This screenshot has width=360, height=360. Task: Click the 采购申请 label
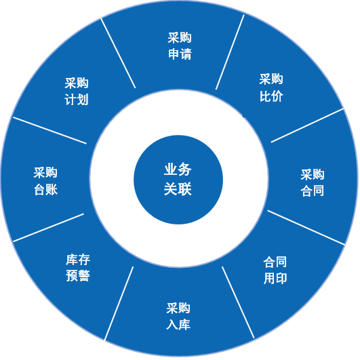(x=180, y=46)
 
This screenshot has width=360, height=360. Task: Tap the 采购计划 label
(x=77, y=91)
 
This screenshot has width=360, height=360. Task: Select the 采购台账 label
(x=45, y=181)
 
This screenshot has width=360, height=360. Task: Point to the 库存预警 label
(x=78, y=268)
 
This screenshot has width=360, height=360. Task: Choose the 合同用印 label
(x=275, y=270)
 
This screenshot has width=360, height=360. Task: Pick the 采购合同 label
(x=313, y=183)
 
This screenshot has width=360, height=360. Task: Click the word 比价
(x=271, y=96)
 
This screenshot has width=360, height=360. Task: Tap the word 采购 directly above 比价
(x=271, y=79)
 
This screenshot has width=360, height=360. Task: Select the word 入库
(x=178, y=325)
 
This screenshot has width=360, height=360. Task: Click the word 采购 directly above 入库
(x=178, y=308)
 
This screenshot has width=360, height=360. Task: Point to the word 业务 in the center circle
(x=178, y=169)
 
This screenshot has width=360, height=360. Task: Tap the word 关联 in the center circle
(x=178, y=188)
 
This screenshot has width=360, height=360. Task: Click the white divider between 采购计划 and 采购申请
(x=118, y=53)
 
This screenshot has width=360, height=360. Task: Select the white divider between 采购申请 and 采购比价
(x=230, y=52)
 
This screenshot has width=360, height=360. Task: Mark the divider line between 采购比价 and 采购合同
(x=307, y=125)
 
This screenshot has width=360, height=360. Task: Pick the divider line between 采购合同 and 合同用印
(x=306, y=227)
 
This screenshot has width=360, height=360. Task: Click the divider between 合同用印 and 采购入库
(x=238, y=302)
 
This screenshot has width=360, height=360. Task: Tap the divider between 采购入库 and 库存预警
(x=119, y=303)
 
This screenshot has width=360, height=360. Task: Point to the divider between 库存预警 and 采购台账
(x=48, y=228)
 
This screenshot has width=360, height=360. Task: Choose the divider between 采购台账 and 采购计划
(x=49, y=130)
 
